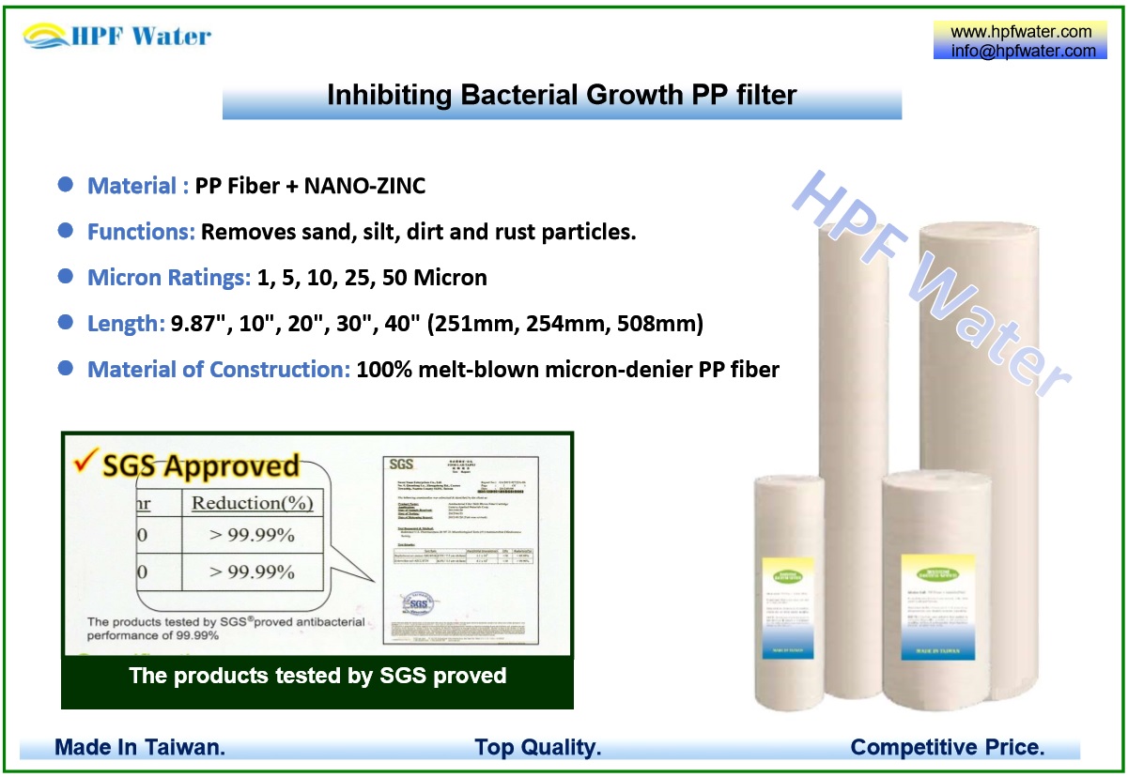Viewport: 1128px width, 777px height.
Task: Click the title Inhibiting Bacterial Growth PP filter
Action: tap(562, 95)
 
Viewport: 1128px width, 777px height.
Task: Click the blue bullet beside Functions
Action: tap(66, 231)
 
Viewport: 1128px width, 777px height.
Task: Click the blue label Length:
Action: tap(126, 324)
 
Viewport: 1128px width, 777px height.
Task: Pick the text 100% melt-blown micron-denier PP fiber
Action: tap(567, 370)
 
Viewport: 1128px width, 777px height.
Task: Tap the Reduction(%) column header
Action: tap(252, 503)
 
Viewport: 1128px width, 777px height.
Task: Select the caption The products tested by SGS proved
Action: tap(317, 676)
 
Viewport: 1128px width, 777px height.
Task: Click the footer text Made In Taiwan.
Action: tap(140, 748)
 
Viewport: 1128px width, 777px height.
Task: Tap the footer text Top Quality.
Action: tap(537, 748)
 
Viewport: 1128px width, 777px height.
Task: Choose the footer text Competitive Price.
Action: tap(947, 748)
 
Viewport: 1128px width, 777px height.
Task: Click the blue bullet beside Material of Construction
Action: tap(66, 369)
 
